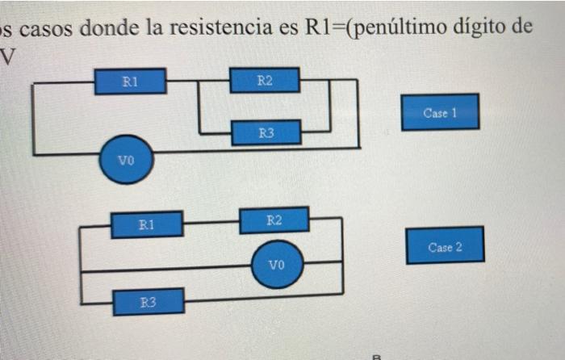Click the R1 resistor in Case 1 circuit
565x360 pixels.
(131, 82)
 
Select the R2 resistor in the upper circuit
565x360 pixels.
(265, 80)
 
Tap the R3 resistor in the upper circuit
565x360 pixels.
(266, 132)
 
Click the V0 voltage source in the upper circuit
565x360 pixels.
(127, 160)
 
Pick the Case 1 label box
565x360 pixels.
(441, 112)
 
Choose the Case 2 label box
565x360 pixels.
(445, 245)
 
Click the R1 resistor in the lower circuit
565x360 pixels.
(147, 225)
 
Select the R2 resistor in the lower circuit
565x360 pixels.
(274, 220)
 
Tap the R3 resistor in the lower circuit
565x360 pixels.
(149, 302)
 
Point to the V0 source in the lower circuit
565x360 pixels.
(277, 265)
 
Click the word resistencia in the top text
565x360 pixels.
(221, 27)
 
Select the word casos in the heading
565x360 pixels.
(46, 29)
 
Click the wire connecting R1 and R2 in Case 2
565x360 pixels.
(211, 222)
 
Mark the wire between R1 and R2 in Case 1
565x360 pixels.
(198, 81)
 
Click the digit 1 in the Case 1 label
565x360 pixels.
(454, 113)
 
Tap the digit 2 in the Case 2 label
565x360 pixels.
(458, 247)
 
